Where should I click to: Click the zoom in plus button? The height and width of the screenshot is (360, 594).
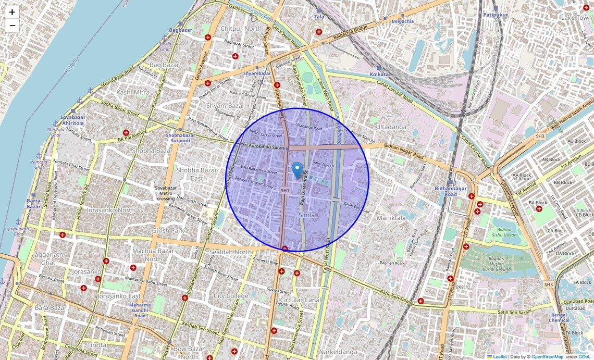(x=12, y=12)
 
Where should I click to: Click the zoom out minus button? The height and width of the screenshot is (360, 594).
(x=12, y=26)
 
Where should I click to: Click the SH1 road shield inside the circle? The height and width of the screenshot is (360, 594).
(x=284, y=191)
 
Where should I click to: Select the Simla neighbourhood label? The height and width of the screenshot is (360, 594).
(x=306, y=215)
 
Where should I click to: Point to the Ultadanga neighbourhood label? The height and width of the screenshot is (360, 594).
(x=391, y=127)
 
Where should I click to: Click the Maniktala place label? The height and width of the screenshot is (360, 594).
(x=391, y=218)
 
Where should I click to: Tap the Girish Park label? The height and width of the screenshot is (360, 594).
(x=168, y=230)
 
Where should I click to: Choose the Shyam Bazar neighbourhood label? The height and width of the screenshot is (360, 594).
(x=225, y=106)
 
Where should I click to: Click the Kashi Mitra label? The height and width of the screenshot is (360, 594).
(x=132, y=92)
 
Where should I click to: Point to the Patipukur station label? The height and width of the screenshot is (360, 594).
(x=495, y=15)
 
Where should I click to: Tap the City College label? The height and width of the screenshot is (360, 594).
(x=231, y=296)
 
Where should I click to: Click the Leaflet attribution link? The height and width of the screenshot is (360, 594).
(x=500, y=357)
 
